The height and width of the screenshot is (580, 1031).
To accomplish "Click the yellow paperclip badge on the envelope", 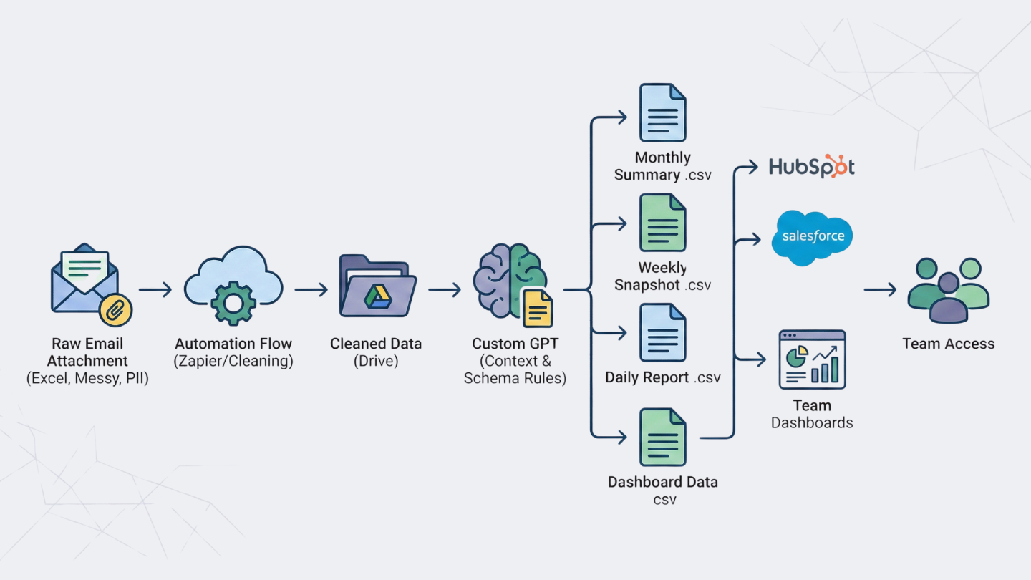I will click(115, 309).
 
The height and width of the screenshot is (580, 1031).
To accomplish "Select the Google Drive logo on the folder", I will click(377, 296).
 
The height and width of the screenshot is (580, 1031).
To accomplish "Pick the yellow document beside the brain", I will click(537, 307).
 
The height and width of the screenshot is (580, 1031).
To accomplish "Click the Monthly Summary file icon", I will click(662, 113).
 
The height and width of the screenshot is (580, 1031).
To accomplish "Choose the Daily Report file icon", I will click(662, 332).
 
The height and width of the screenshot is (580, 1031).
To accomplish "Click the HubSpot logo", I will click(811, 166).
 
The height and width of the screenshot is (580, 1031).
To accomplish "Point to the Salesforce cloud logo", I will click(812, 237).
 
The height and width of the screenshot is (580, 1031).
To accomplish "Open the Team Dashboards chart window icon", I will click(812, 359).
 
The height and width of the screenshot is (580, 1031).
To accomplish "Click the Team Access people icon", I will click(948, 290).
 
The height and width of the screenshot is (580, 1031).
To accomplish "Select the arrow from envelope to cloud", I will click(155, 289).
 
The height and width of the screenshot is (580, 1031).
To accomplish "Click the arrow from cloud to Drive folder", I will click(311, 289).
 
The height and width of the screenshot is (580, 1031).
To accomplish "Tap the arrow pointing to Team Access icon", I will click(880, 289).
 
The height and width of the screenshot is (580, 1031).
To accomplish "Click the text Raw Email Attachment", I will click(87, 352).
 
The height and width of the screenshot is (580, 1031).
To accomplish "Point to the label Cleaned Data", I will click(376, 344).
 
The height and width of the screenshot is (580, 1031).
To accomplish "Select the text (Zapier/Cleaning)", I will click(233, 361).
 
